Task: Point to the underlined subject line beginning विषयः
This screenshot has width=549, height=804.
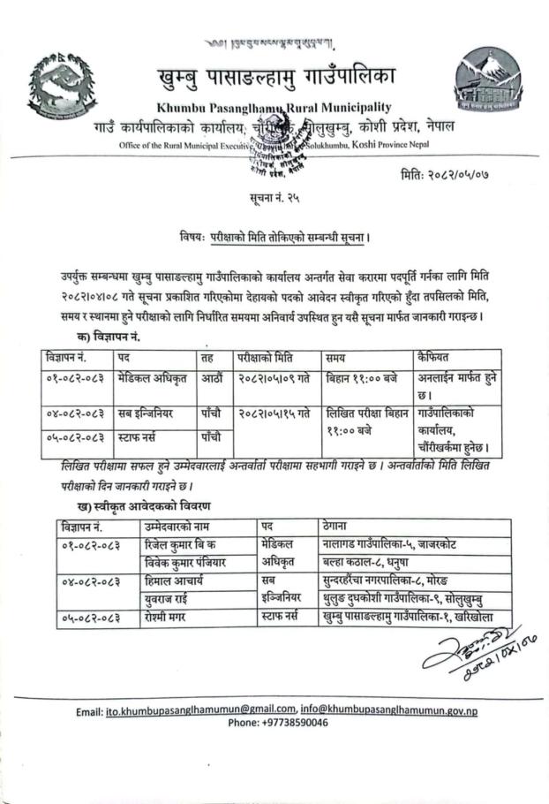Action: tap(274, 237)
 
